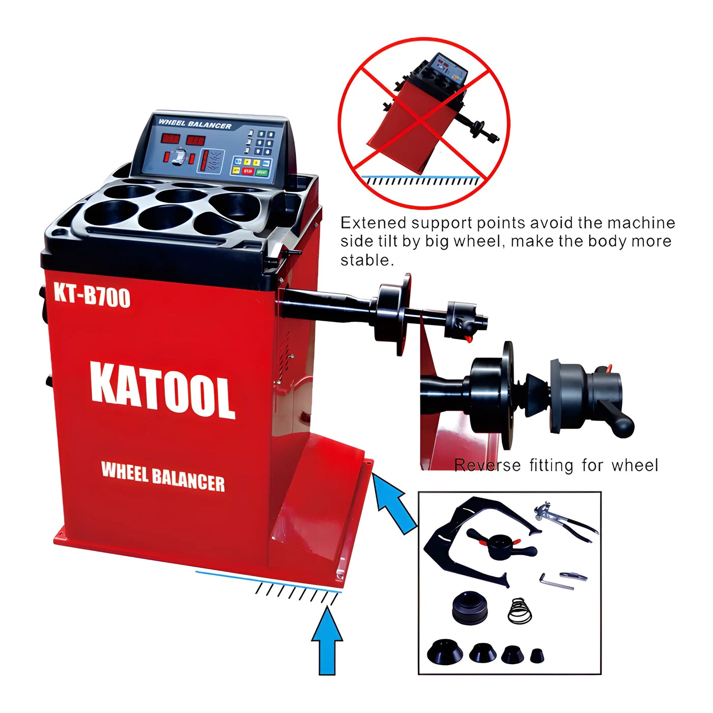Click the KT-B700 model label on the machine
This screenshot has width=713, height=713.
[92, 296]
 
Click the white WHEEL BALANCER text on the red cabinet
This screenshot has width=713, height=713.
[163, 476]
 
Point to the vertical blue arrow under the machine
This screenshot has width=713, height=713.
[327, 641]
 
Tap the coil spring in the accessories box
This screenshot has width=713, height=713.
[520, 610]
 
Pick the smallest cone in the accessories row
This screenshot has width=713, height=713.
[537, 656]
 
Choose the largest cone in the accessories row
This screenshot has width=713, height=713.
[445, 652]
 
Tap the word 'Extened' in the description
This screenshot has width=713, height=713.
[373, 223]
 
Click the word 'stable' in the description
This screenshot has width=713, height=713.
[365, 260]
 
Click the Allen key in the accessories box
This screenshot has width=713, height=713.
[555, 582]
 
